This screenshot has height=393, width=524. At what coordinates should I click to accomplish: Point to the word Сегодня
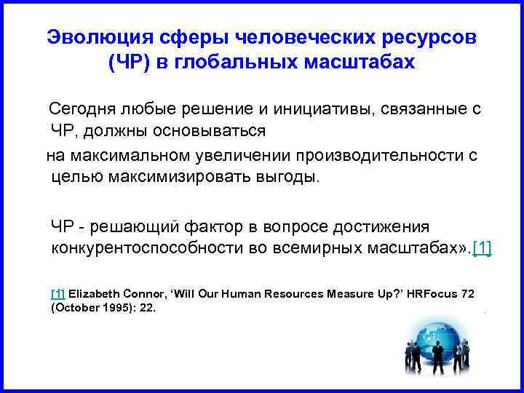coord(79,110)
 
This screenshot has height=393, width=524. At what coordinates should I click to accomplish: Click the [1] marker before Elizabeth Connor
coord(57,293)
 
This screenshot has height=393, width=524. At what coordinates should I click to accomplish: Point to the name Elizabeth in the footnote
coord(94,293)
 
